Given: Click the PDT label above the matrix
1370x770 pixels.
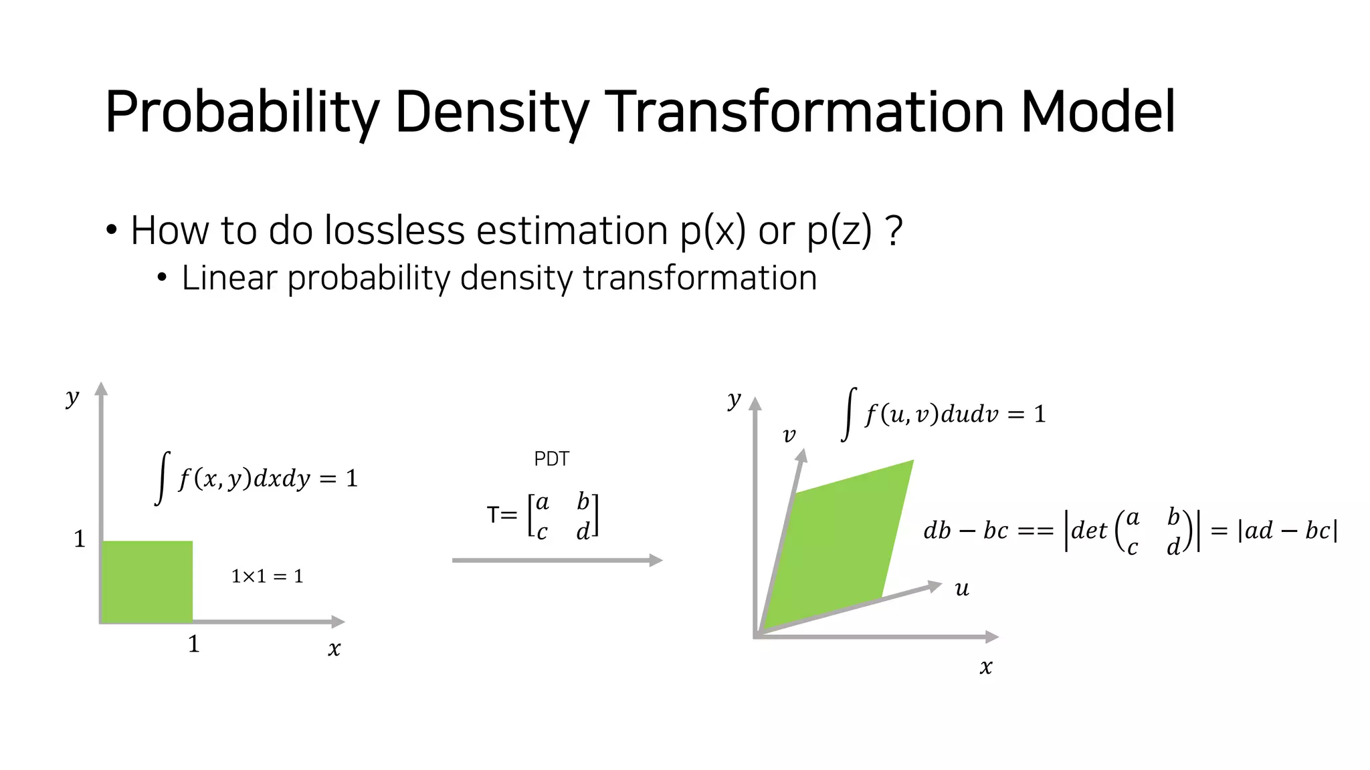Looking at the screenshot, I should [x=552, y=459].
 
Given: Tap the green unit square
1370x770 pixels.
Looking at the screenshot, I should [x=146, y=582].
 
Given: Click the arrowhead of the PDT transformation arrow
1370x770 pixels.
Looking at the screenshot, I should [x=656, y=560].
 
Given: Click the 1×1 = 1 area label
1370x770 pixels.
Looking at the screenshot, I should [x=267, y=576].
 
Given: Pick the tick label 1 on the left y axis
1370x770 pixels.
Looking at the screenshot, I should [x=80, y=539].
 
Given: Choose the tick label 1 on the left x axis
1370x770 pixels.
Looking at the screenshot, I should [x=193, y=644].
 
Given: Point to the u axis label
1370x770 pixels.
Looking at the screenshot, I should [x=962, y=589].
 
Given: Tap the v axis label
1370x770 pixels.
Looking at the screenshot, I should [x=789, y=436].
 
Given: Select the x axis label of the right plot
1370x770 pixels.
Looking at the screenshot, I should [x=986, y=666].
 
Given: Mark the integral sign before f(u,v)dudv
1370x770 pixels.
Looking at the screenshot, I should [x=849, y=414].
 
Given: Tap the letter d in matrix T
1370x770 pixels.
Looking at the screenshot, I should [x=583, y=532].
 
